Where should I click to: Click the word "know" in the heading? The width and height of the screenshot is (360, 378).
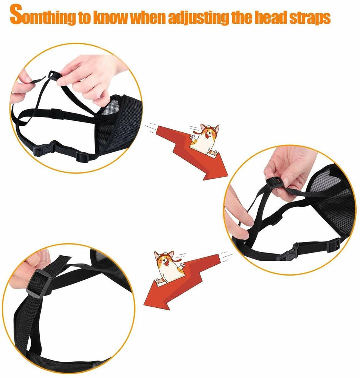click(111, 17)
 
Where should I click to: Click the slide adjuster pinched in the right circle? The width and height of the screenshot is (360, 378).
click(274, 182)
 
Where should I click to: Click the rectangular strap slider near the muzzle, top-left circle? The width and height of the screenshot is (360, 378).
click(82, 157)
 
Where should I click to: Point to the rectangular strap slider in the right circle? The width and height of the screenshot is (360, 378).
click(334, 244)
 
